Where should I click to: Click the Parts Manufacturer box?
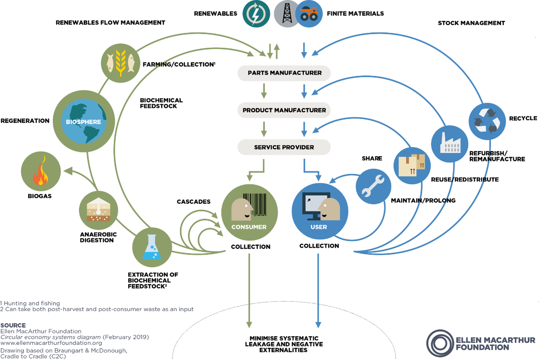point(284,73)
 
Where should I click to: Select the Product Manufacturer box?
point(284,110)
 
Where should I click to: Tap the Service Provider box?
point(284,147)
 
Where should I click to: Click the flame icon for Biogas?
point(41,172)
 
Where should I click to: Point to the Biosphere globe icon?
point(84,122)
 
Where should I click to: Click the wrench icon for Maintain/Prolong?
point(373,186)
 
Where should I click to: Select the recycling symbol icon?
point(487,121)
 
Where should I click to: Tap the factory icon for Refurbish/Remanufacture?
point(450,143)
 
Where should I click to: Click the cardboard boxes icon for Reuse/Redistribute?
point(412,166)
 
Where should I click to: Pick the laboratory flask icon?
point(152,247)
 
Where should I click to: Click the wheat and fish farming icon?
point(120,63)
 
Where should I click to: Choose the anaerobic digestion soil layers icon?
point(98,210)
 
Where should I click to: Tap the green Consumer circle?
point(249,212)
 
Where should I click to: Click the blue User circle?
point(319,211)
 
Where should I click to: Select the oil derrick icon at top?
point(287,14)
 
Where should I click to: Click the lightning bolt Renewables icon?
point(256,14)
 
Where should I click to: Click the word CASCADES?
point(193,202)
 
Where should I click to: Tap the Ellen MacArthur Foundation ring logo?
point(440,344)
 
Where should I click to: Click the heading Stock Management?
point(471,23)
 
